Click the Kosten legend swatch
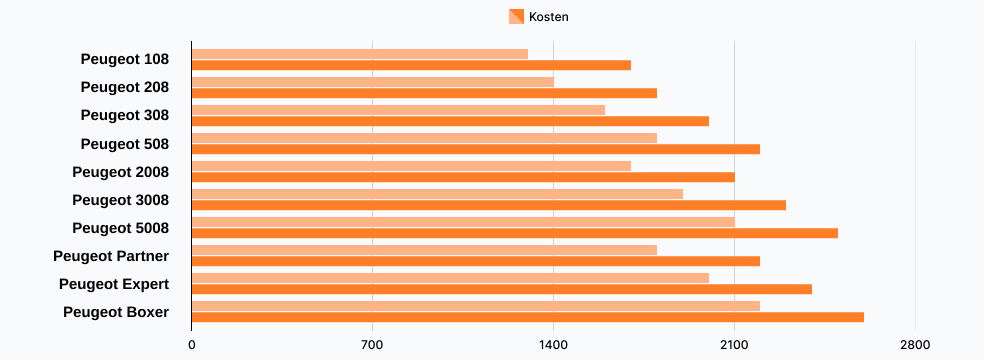coord(516,16)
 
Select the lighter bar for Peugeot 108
coord(360,54)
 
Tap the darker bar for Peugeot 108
coord(411,65)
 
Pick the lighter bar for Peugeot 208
coord(373,82)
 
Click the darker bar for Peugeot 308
coord(450,121)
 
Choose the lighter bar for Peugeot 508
coord(424,138)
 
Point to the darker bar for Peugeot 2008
coord(463,177)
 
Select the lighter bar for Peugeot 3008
coord(437,194)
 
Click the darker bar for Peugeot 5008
coord(515,233)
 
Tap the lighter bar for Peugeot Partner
coord(424,250)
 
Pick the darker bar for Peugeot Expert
coord(502,289)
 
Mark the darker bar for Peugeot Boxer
coord(528,317)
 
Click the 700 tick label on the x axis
coord(373,345)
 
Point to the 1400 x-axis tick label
coord(553,345)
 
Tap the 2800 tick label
coord(915,345)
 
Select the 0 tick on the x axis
coord(192,345)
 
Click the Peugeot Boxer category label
coord(116,312)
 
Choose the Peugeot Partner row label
coord(111,256)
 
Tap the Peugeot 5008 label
coord(120,228)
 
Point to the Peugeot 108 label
coord(124,60)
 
